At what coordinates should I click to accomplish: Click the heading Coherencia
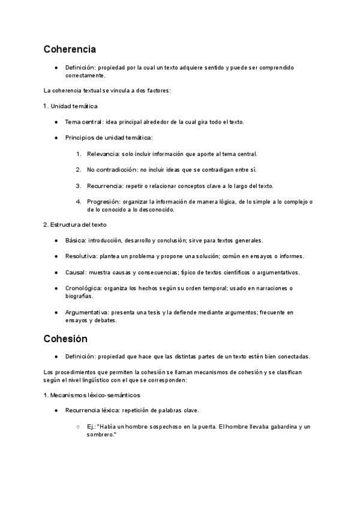pos(70,49)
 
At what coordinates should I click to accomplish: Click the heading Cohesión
pos(65,339)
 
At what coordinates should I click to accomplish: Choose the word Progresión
pos(103,202)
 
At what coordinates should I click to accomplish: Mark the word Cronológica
pos(82,288)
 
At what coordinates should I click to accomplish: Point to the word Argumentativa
pos(86,312)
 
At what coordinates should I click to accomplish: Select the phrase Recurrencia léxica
pos(92,411)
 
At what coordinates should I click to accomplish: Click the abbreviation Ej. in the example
pos(91,427)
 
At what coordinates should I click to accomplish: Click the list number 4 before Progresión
pos(79,202)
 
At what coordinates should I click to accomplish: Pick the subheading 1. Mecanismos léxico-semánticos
pos(92,395)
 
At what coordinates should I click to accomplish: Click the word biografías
pos(79,296)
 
